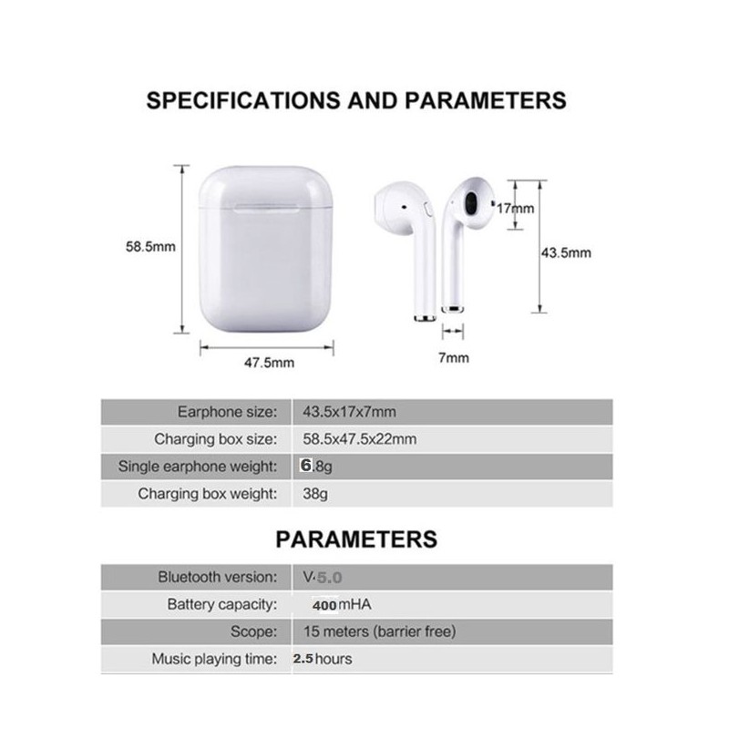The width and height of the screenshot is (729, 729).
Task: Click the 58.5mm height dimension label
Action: coord(150,246)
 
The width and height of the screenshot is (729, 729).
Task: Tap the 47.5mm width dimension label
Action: coord(269,362)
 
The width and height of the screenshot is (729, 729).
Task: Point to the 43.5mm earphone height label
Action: coord(566,252)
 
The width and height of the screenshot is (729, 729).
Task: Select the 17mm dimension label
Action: coord(516,208)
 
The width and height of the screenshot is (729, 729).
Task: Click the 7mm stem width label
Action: coord(453,357)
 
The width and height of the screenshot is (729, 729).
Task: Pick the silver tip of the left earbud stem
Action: coord(422,318)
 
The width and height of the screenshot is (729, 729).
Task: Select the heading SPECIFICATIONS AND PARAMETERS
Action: coord(356,100)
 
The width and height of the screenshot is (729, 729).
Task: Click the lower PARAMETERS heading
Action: coord(356,539)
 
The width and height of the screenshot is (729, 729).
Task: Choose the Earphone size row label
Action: coord(226,412)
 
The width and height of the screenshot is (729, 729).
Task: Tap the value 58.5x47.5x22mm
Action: coord(360,439)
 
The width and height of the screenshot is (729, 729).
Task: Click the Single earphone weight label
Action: coord(198,467)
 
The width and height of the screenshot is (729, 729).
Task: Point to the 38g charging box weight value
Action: coord(315,494)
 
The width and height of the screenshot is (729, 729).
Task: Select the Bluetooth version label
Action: coord(217,577)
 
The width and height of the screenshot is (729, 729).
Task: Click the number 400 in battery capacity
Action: coord(324,605)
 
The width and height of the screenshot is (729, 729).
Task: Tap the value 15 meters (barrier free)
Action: coord(379,631)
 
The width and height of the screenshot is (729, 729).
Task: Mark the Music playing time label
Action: coord(213,659)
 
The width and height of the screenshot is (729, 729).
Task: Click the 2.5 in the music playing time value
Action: coord(303,658)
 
